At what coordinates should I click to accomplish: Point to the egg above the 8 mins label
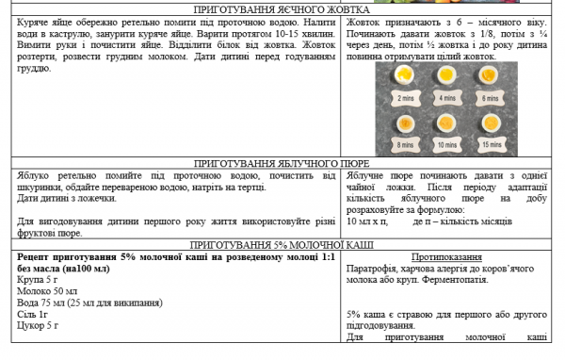point(405,123)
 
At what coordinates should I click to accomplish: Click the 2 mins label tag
point(406,98)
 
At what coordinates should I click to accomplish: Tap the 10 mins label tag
point(446,145)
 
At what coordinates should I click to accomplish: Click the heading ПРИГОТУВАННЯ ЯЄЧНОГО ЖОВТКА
point(282,9)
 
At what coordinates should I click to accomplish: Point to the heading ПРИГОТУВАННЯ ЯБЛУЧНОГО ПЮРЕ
point(282,162)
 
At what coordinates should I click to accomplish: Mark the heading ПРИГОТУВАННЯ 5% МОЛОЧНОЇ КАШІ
point(282,243)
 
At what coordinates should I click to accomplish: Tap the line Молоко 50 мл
point(47,291)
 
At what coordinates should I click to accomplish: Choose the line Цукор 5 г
point(39,325)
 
